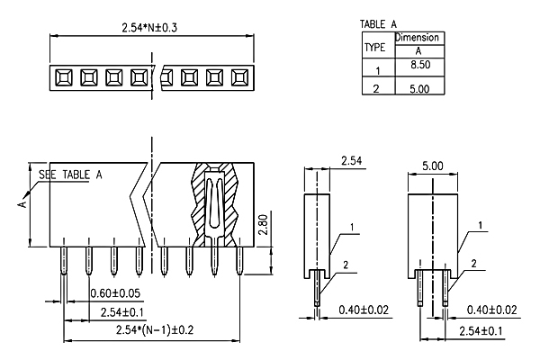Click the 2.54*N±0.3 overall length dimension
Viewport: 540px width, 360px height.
(x=149, y=28)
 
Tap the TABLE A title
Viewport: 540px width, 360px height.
(x=378, y=24)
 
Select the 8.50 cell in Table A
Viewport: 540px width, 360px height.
(x=420, y=65)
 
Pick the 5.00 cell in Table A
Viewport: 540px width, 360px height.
(x=419, y=89)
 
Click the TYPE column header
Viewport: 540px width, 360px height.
(x=374, y=47)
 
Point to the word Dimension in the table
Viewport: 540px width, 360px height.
(x=418, y=38)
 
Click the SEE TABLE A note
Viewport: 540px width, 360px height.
(x=70, y=175)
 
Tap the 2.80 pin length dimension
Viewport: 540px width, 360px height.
(x=264, y=225)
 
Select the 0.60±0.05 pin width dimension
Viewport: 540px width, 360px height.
(x=115, y=293)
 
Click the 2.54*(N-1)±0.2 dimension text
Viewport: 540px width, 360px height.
(x=155, y=330)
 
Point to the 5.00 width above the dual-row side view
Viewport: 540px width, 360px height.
(x=433, y=166)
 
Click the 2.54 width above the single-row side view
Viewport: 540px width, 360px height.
(x=351, y=160)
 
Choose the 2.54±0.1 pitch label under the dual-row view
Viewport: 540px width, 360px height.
(x=481, y=331)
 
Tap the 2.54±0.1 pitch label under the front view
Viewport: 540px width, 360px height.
(x=121, y=312)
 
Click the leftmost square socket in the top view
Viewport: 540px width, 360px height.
(x=64, y=78)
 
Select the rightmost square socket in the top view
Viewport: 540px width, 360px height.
(x=240, y=78)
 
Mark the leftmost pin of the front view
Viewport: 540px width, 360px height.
(x=64, y=256)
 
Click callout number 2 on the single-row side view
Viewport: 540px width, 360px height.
(x=346, y=265)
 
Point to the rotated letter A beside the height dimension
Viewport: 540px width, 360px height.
(x=22, y=204)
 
